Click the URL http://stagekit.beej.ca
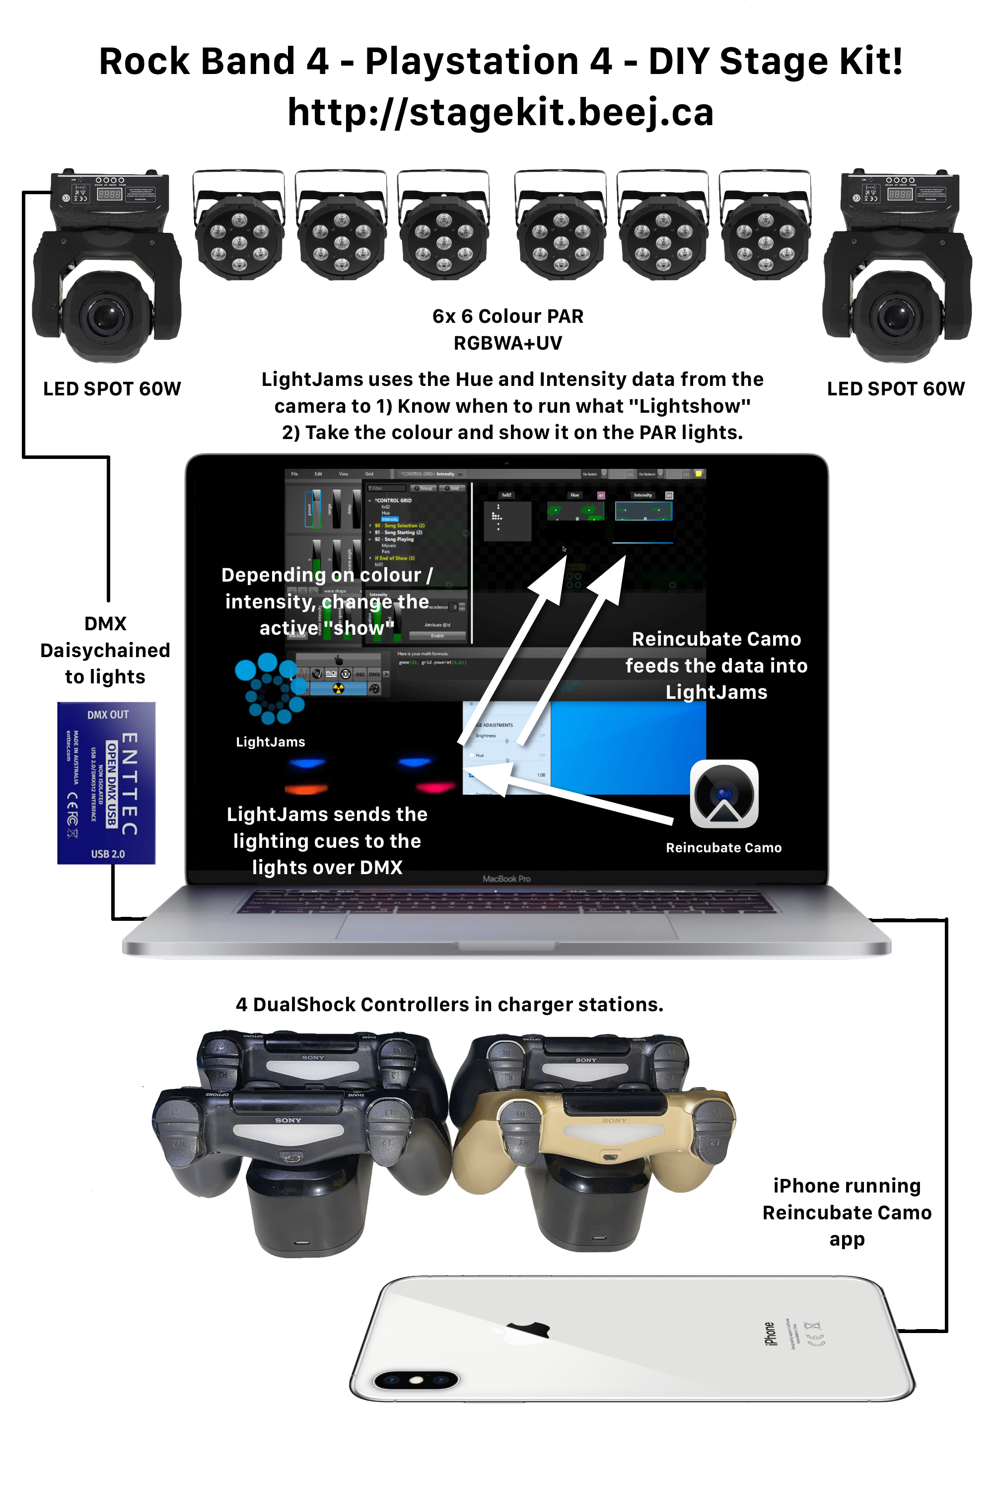point(500,113)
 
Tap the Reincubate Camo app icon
point(724,794)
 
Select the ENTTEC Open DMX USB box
point(106,783)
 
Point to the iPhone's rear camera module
point(416,1380)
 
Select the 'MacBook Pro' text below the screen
point(506,879)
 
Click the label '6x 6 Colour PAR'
point(508,316)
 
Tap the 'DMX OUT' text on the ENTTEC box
point(108,715)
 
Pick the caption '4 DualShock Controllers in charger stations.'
point(450,1004)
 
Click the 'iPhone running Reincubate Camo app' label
point(847,1212)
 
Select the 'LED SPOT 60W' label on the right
point(896,388)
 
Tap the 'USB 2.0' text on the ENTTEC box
point(108,854)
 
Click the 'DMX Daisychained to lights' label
point(105,650)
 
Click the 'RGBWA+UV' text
point(508,343)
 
